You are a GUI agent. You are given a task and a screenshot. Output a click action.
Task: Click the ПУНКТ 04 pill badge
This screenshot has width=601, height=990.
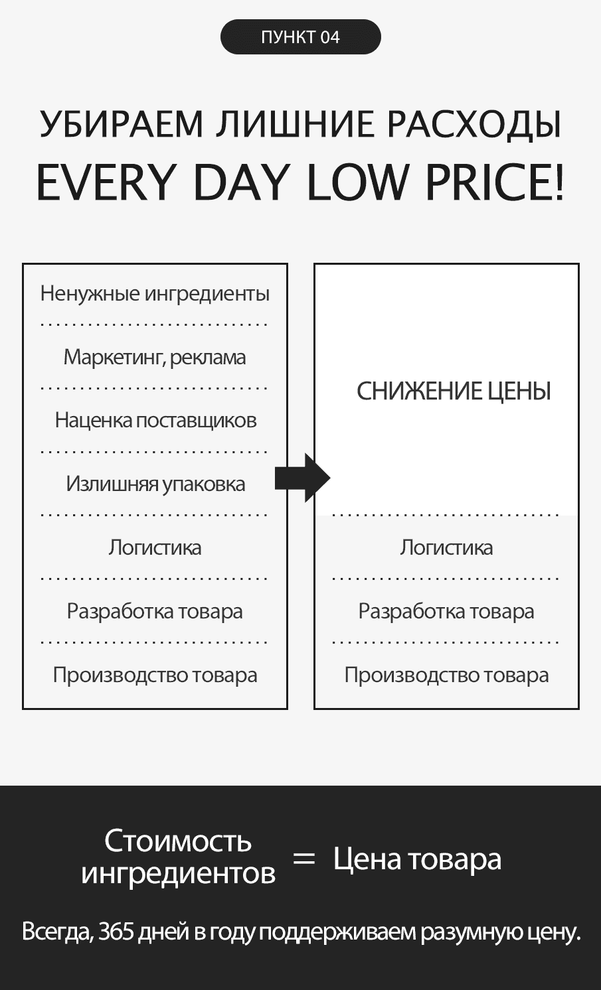tap(300, 37)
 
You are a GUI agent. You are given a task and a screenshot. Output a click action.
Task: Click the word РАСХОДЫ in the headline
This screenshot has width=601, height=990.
tap(474, 124)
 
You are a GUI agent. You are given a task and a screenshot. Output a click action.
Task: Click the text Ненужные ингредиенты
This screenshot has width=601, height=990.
tap(155, 293)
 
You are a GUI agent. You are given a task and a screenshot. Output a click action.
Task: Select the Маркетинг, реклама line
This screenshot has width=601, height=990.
tap(155, 357)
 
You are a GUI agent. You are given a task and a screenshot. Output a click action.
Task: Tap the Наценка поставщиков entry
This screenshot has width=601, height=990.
tap(155, 420)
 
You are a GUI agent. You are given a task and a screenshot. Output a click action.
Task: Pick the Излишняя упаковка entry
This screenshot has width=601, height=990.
tap(155, 484)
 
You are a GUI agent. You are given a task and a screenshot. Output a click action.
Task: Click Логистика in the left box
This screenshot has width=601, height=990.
tap(155, 547)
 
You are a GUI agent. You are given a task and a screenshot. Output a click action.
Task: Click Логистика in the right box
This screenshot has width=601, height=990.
tap(446, 547)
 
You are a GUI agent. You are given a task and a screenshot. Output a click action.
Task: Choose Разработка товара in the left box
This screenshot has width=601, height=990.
tap(155, 612)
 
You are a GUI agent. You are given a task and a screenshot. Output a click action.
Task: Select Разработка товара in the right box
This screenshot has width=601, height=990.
tap(446, 612)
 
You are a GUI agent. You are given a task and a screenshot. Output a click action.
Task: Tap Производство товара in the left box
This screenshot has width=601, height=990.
tap(155, 675)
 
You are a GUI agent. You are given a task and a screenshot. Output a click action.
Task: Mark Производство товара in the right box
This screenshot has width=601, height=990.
tap(446, 675)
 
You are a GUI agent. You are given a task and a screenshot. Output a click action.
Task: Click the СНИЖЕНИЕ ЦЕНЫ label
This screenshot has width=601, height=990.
tap(454, 391)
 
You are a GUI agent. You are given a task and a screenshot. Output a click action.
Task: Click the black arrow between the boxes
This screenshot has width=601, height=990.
tap(302, 478)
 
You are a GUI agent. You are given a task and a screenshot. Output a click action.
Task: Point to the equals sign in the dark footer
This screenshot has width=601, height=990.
tap(304, 859)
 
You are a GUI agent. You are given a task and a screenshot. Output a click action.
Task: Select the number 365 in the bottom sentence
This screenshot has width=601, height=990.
tap(116, 932)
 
